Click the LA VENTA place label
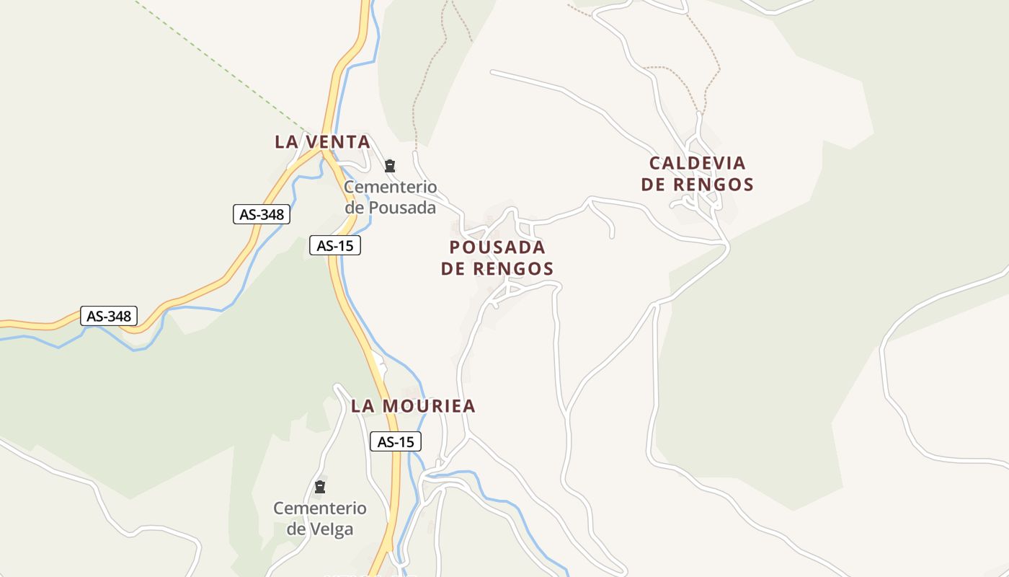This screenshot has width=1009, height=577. point(322,142)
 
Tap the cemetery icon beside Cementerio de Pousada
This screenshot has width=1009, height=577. point(390,166)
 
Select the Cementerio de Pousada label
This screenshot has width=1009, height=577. point(390,198)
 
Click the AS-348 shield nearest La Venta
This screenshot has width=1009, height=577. point(262,214)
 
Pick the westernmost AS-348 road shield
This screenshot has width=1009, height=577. point(108,316)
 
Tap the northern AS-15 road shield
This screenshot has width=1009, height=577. point(335,245)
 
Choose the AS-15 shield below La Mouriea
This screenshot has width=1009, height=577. point(396,441)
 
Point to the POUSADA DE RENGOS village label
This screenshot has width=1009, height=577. point(497,258)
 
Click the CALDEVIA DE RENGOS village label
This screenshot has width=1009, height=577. point(697,174)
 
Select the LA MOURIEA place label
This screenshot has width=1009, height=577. point(413,406)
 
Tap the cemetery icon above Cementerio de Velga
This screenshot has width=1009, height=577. point(320,487)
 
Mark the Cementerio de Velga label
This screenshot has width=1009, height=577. point(320,519)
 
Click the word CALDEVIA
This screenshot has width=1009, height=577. point(697,163)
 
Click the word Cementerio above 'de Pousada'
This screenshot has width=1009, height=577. point(390,188)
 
